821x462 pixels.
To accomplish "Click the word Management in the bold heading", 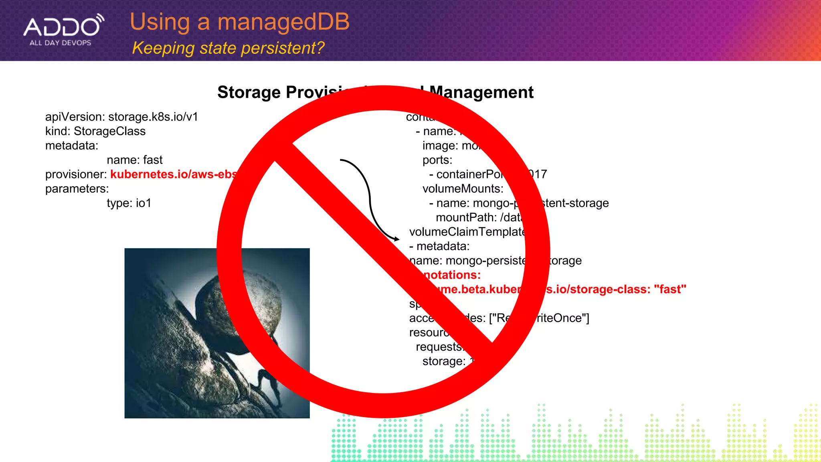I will point(481,92).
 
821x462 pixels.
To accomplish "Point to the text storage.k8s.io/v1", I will point(153,117).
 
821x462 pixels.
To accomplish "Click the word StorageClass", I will point(109,131).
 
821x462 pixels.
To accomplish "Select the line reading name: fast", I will point(134,160).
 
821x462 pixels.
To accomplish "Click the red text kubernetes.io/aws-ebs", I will point(173,174).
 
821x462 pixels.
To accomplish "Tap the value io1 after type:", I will point(144,203).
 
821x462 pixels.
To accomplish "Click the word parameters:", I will point(77,189).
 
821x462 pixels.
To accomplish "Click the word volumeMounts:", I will point(463,189).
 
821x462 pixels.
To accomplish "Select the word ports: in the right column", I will point(437,160).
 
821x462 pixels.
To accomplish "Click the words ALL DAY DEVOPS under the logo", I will point(61,43).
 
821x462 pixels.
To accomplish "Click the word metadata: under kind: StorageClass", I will point(72,146).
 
